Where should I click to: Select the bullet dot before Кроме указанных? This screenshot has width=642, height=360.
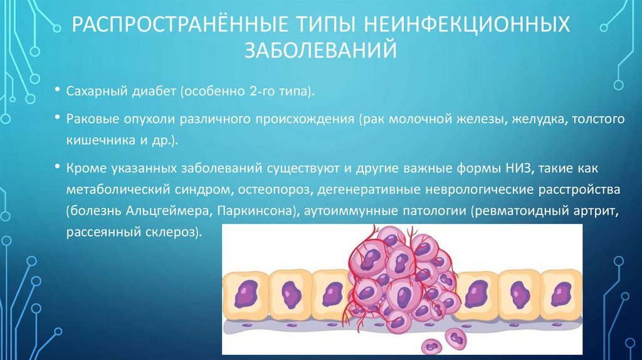57,167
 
